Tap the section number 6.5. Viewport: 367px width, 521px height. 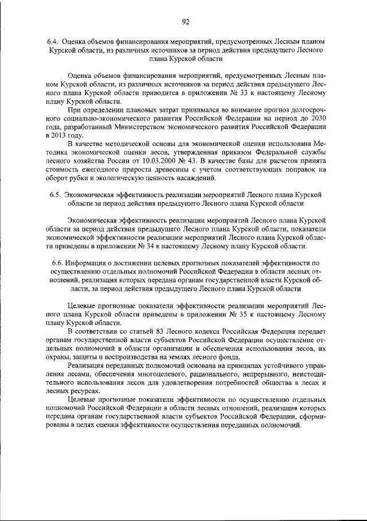[56, 195]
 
